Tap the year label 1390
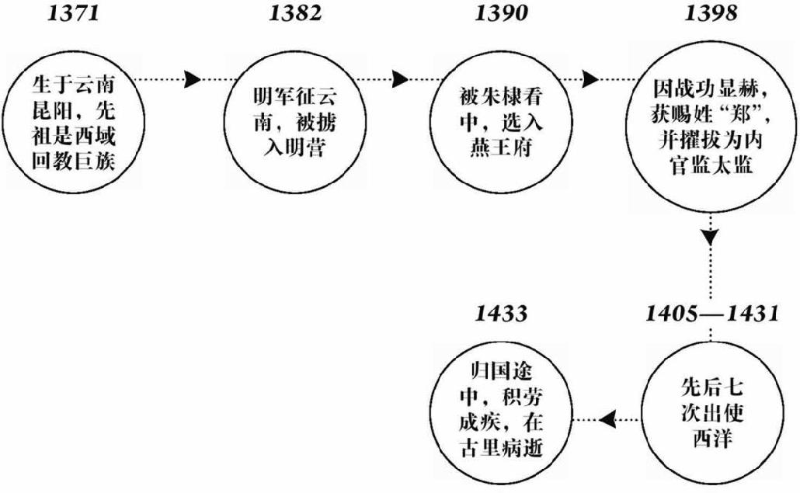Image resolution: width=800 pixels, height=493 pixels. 503,14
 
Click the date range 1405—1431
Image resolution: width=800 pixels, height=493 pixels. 711,314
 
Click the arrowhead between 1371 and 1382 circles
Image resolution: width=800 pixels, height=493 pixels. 193,79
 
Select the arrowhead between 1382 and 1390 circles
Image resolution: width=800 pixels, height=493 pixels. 401,79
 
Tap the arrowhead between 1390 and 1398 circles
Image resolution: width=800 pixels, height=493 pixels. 590,79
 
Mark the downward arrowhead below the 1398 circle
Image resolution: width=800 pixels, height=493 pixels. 711,236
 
